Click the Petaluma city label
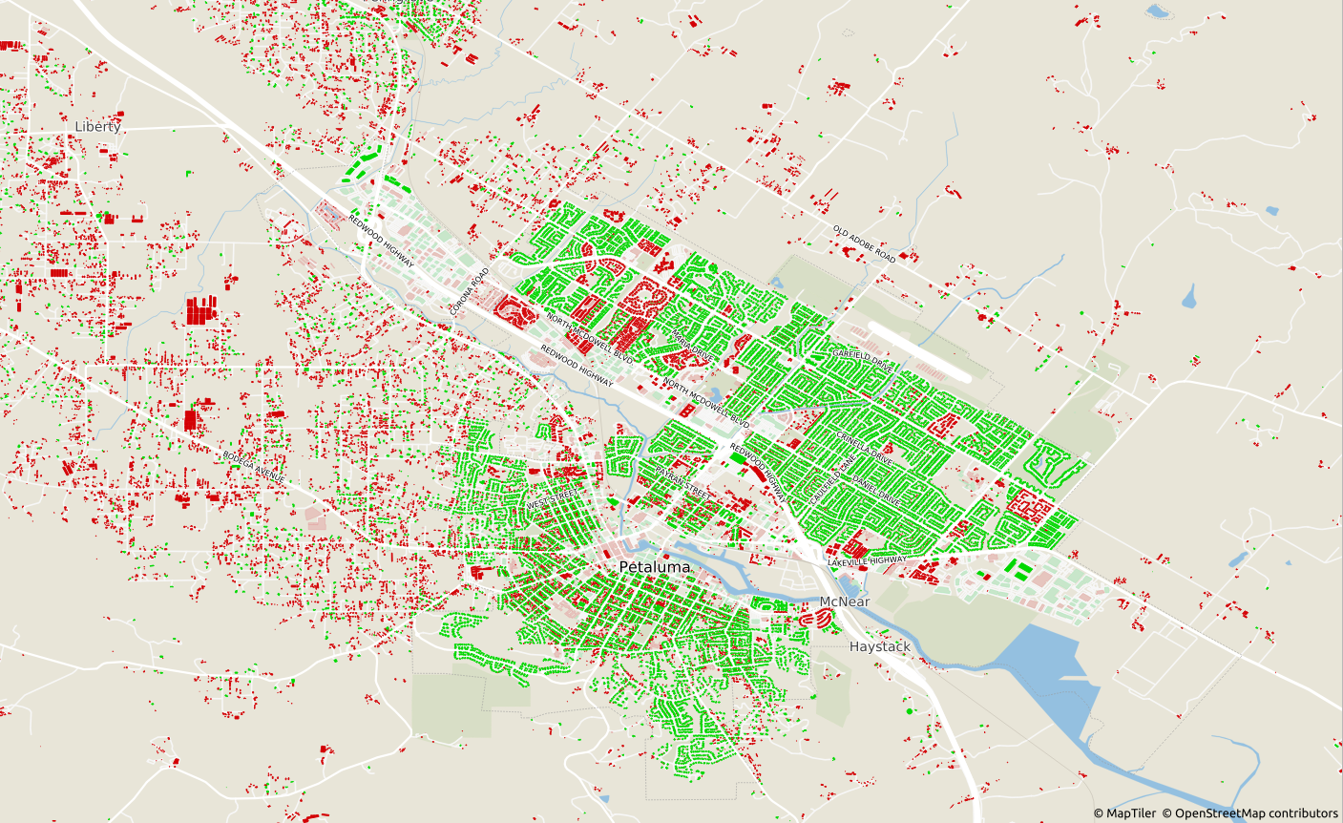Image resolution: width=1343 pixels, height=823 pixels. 654,567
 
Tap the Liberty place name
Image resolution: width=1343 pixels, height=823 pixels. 98,126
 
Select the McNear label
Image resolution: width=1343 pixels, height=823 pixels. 845,601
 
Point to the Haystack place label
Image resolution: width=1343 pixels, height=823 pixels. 879,646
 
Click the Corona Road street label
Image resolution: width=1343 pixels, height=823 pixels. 469,291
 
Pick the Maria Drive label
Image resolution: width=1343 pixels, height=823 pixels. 692,345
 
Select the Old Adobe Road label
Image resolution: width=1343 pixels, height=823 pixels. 864,244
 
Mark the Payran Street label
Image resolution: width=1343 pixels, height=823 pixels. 682,483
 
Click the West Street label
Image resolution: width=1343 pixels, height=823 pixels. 553,498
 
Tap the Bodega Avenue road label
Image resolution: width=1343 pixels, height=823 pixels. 254,465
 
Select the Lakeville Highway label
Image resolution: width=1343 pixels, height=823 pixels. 867,561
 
